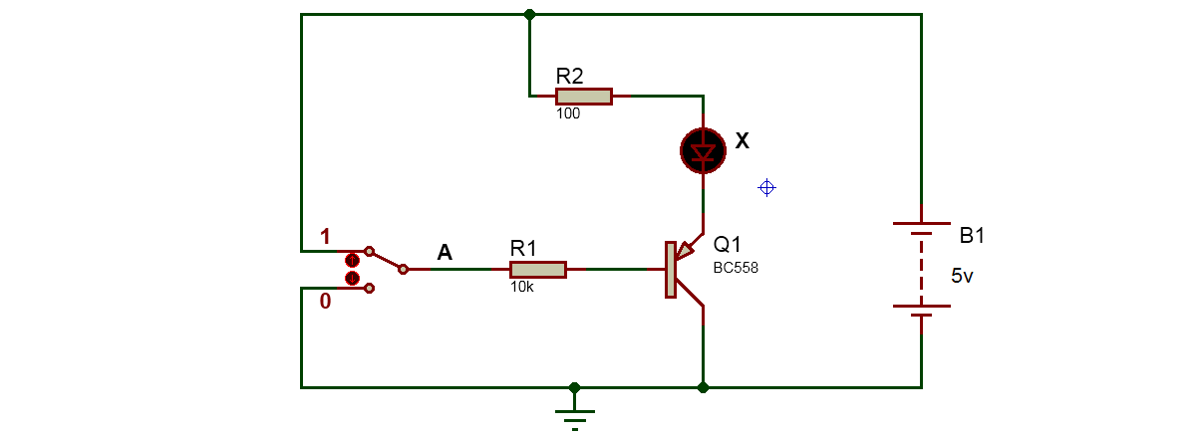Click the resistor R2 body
point(583,96)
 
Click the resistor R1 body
point(537,269)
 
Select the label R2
point(570,75)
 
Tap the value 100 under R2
point(568,113)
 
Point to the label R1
point(523,248)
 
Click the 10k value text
point(521,287)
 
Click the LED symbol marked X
point(703,151)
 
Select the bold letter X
point(742,141)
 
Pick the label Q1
point(728,244)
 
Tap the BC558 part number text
point(736,267)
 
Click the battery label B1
point(972,237)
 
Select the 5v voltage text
point(962,277)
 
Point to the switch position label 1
point(324,237)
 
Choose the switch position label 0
point(325,302)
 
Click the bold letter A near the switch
point(445,254)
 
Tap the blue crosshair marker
point(766,187)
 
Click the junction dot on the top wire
point(529,15)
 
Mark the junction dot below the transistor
point(703,386)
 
